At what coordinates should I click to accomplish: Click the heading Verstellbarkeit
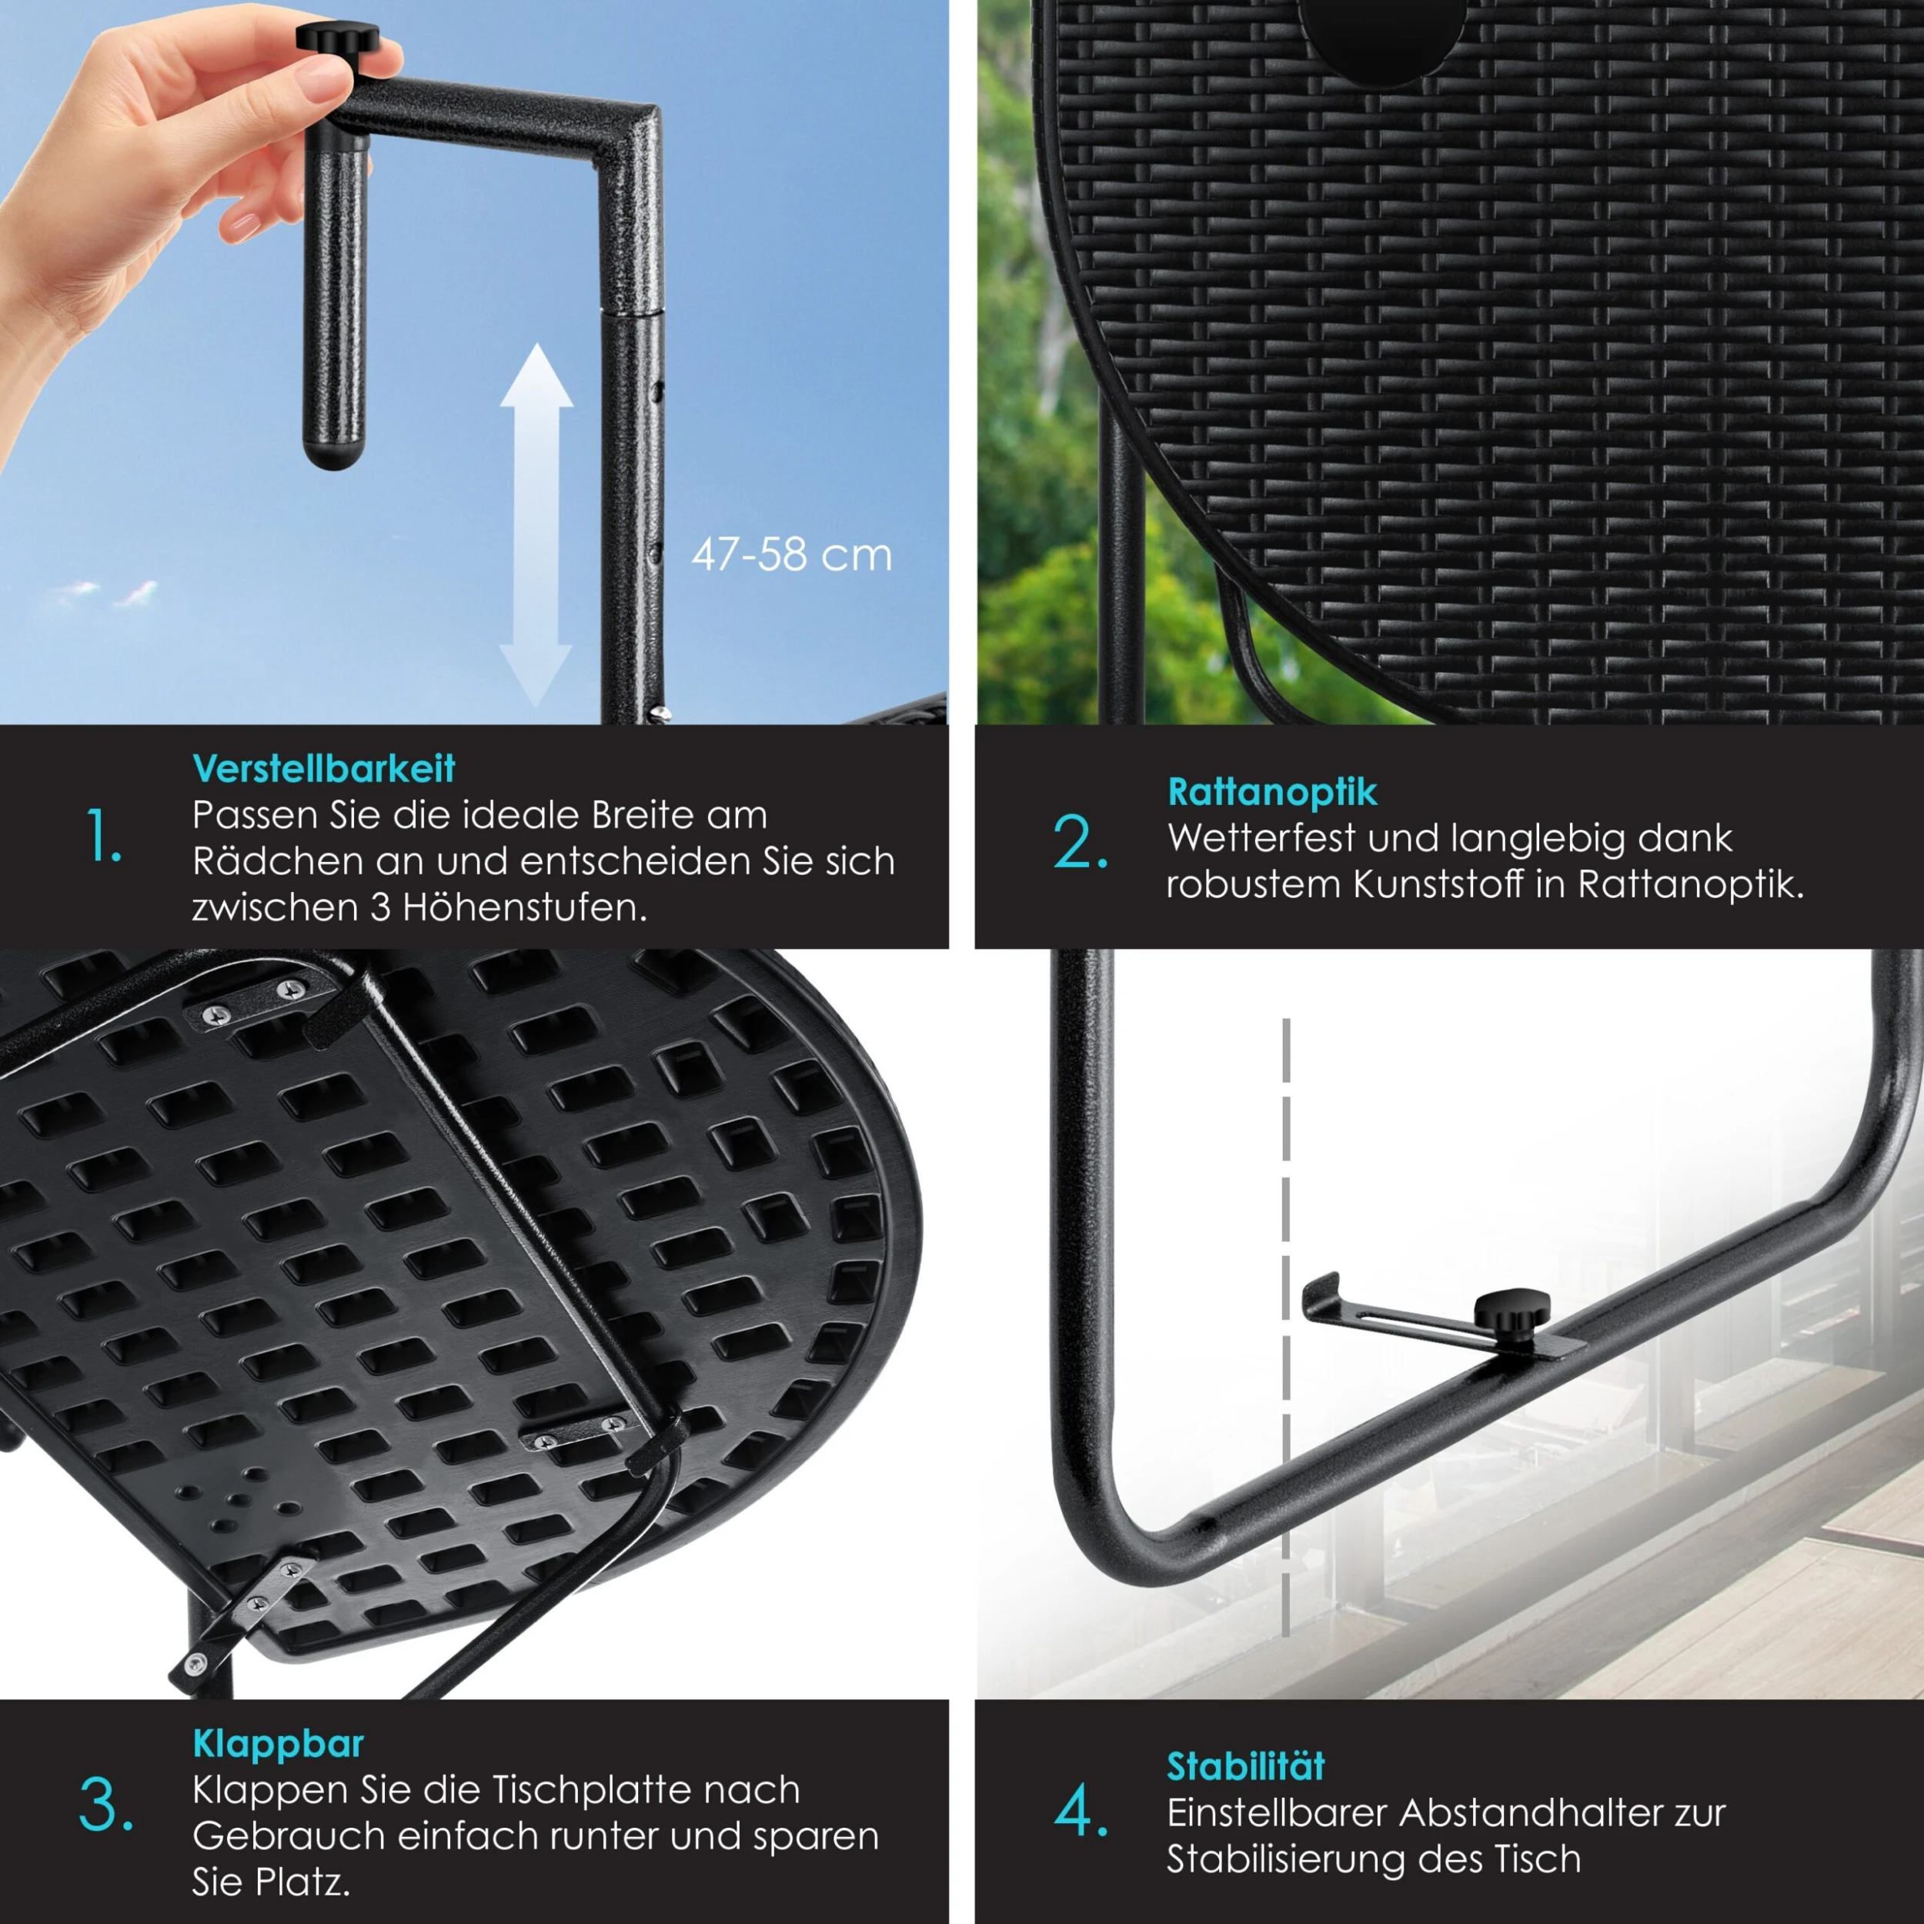click(x=324, y=769)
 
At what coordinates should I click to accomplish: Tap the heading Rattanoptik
click(x=1271, y=793)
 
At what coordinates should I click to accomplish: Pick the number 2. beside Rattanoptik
click(x=1081, y=843)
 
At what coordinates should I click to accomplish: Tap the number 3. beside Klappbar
click(x=105, y=1805)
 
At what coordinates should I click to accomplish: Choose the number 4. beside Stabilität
click(x=1081, y=1812)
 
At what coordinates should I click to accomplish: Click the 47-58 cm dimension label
click(x=792, y=556)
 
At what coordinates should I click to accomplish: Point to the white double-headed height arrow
click(x=536, y=526)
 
